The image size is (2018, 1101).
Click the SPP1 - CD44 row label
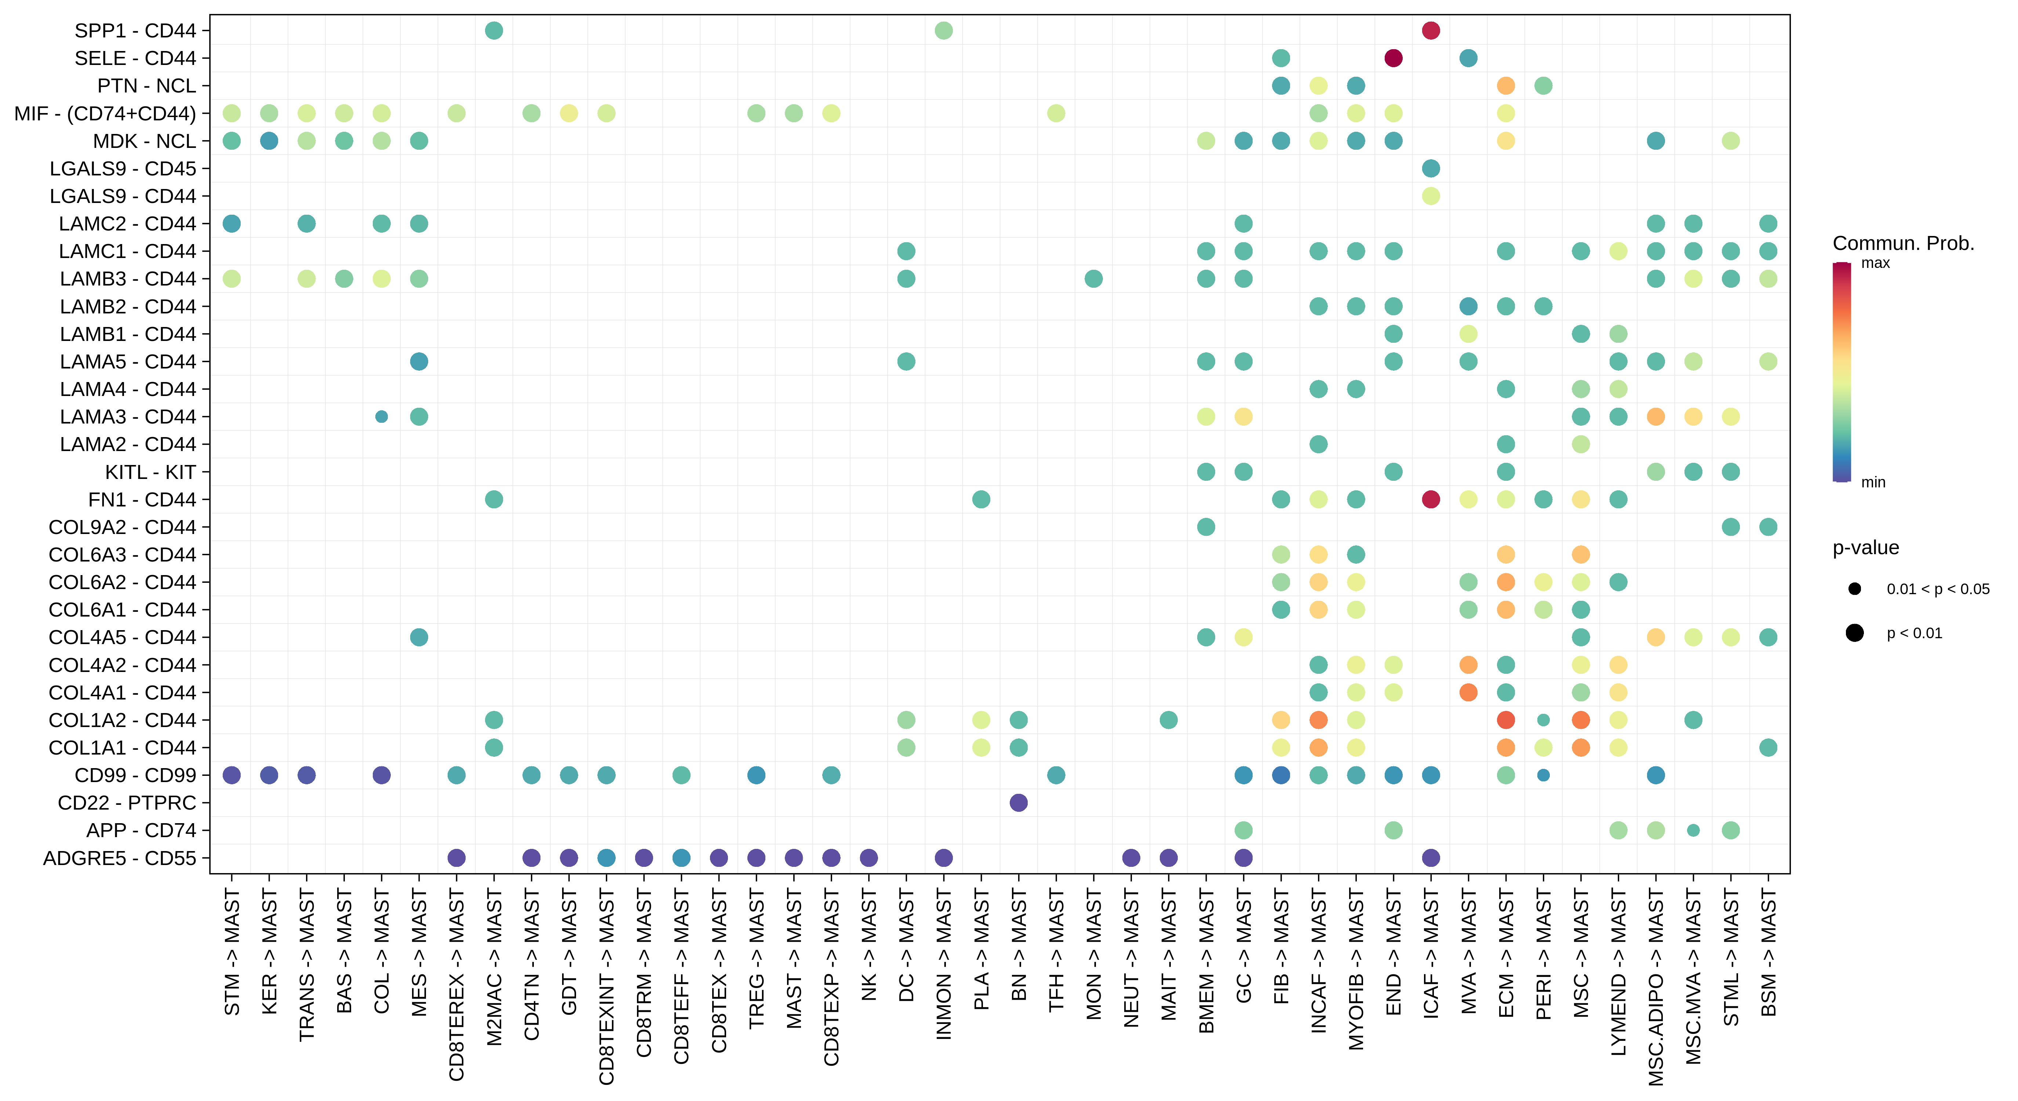[135, 30]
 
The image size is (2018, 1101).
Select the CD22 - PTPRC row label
[127, 802]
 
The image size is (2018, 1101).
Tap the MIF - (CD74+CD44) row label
[105, 114]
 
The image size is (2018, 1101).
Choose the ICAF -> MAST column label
[1431, 952]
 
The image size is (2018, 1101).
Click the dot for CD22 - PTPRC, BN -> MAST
[1019, 802]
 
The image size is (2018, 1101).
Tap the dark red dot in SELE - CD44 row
[1393, 58]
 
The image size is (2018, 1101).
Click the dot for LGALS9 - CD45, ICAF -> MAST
[1431, 168]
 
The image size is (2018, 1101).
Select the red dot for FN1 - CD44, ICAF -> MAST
[1431, 499]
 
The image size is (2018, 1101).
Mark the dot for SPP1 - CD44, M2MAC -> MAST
[493, 30]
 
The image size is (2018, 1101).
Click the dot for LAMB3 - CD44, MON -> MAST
[1094, 279]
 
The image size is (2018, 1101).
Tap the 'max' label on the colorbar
[1875, 263]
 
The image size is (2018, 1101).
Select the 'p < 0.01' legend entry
[1914, 633]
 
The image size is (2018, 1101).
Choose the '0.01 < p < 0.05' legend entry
[1937, 589]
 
